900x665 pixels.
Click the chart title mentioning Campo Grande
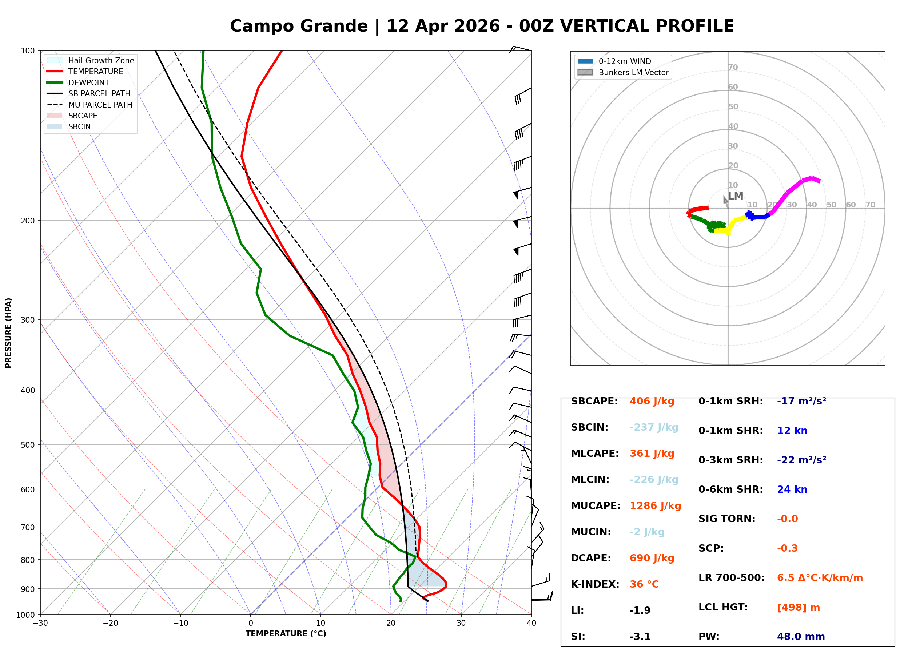pos(481,26)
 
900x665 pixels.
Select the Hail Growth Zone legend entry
pos(101,60)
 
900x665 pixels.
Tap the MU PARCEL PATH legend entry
pos(100,105)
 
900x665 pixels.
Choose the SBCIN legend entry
pos(79,127)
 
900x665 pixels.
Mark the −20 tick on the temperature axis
pos(110,623)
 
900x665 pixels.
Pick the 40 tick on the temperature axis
pos(531,623)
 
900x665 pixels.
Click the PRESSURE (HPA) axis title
pos(8,333)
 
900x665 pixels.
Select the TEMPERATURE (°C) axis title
pos(286,634)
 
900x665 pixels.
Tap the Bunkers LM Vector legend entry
pos(633,72)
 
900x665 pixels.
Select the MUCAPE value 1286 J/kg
pos(655,506)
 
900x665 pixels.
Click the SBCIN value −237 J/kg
pos(654,427)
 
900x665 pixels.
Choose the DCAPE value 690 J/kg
pos(652,558)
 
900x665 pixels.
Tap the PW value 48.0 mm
pos(800,637)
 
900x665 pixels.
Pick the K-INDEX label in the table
pos(595,584)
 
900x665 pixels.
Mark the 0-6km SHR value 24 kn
pos(792,489)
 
